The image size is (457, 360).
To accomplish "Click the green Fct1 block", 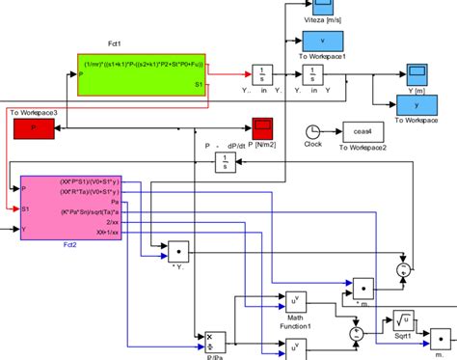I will pyautogui.click(x=141, y=74).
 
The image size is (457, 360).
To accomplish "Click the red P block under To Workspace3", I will pyautogui.click(x=35, y=127).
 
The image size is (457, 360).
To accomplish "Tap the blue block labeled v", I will pyautogui.click(x=323, y=42).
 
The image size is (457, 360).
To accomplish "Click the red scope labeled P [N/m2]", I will pyautogui.click(x=262, y=127).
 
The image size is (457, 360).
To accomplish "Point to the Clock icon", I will pyautogui.click(x=312, y=131).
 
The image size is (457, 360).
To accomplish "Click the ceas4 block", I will pyautogui.click(x=362, y=131).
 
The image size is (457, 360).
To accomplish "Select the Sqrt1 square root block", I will pyautogui.click(x=404, y=320).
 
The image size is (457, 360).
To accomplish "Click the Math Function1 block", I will pyautogui.click(x=294, y=301).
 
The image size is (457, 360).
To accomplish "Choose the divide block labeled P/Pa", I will pyautogui.click(x=215, y=343).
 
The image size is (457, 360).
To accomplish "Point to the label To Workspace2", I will pyautogui.click(x=362, y=147).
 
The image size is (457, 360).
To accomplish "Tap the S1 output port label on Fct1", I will pyautogui.click(x=198, y=85).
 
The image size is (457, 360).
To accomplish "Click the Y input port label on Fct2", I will pyautogui.click(x=25, y=230).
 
